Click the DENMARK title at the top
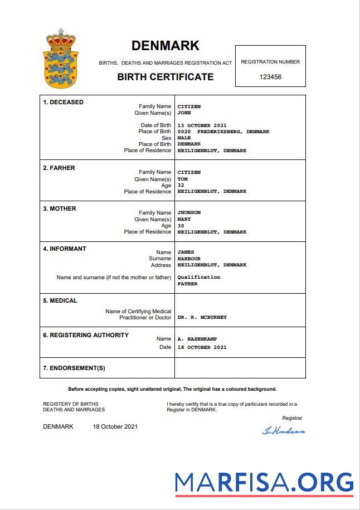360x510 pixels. click(x=165, y=46)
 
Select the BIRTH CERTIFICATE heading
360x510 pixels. click(x=165, y=77)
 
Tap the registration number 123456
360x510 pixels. click(x=270, y=77)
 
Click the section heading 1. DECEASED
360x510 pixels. click(x=63, y=103)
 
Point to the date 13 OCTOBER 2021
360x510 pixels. click(x=202, y=125)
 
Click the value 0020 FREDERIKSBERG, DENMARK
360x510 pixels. click(x=223, y=132)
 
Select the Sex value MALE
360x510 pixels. click(x=184, y=138)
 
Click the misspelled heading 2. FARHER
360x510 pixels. click(x=59, y=168)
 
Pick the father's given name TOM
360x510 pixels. click(x=183, y=179)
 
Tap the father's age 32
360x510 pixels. click(x=181, y=186)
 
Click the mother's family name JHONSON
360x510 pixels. click(x=189, y=213)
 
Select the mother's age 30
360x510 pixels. click(x=181, y=226)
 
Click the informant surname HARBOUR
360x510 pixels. click(x=189, y=259)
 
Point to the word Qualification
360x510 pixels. click(x=198, y=277)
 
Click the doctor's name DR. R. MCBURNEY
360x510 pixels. click(x=202, y=317)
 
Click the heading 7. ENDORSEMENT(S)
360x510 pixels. click(x=74, y=368)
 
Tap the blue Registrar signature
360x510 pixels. click(x=283, y=430)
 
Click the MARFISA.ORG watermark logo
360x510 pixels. click(x=264, y=482)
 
